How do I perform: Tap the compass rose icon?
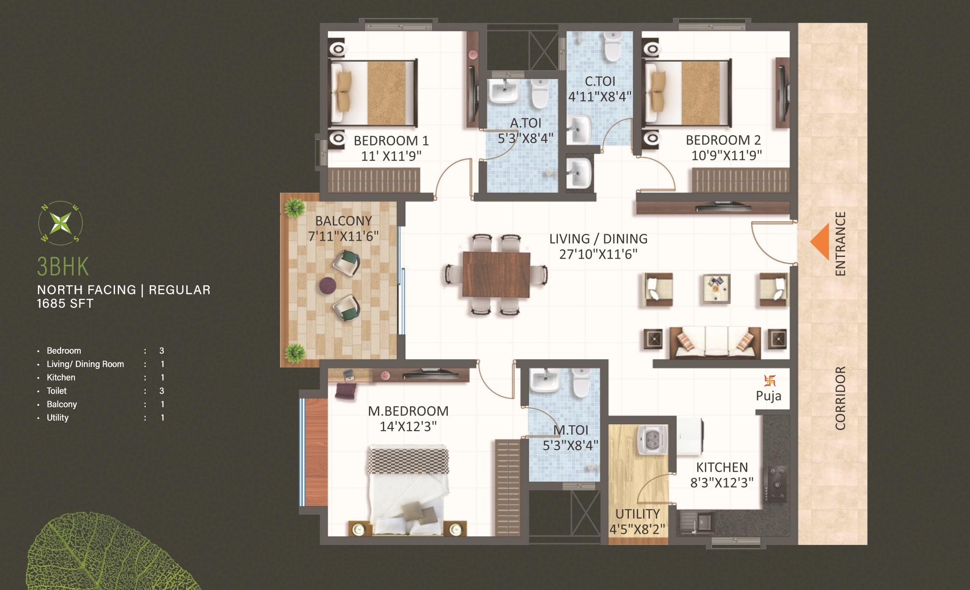pyautogui.click(x=60, y=223)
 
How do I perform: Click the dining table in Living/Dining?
pyautogui.click(x=496, y=274)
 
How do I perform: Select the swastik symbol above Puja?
pyautogui.click(x=769, y=381)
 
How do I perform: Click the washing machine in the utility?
pyautogui.click(x=652, y=440)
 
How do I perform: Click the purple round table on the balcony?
pyautogui.click(x=327, y=285)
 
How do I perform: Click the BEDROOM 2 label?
pyautogui.click(x=723, y=140)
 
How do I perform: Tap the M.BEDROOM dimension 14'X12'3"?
pyautogui.click(x=408, y=427)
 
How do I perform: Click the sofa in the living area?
pyautogui.click(x=715, y=342)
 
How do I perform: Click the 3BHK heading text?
pyautogui.click(x=63, y=267)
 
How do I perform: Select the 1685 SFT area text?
pyautogui.click(x=65, y=304)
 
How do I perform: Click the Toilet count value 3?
pyautogui.click(x=161, y=391)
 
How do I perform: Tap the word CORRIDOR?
pyautogui.click(x=840, y=398)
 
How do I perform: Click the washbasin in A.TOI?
pyautogui.click(x=504, y=92)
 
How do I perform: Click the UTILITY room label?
pyautogui.click(x=637, y=514)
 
